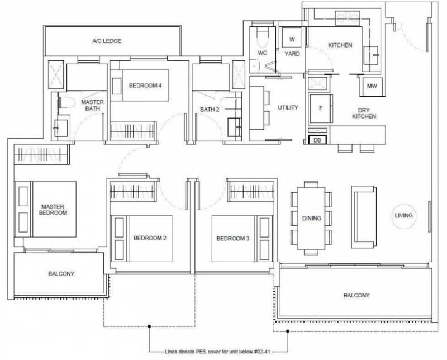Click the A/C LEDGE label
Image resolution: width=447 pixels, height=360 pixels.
pyautogui.click(x=107, y=41)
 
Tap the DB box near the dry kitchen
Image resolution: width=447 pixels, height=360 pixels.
pyautogui.click(x=317, y=140)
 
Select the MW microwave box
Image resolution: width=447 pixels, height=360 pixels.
pyautogui.click(x=372, y=86)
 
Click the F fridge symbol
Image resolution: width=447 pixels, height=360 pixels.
pyautogui.click(x=321, y=108)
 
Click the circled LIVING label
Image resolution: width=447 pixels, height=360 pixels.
pyautogui.click(x=403, y=216)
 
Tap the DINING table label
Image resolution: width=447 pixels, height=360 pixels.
pyautogui.click(x=312, y=218)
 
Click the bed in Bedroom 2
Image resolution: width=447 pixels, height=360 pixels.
pyautogui.click(x=141, y=239)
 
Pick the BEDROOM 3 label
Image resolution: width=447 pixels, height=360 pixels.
pyautogui.click(x=233, y=239)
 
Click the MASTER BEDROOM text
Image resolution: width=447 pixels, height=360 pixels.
pyautogui.click(x=53, y=210)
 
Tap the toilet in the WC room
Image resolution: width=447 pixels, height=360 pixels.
pyautogui.click(x=263, y=39)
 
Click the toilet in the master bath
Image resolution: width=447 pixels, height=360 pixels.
pyautogui.click(x=66, y=102)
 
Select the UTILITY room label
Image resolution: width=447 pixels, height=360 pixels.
pyautogui.click(x=288, y=107)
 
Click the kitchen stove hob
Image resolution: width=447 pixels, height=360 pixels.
pyautogui.click(x=347, y=18)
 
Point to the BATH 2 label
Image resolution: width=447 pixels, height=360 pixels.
pyautogui.click(x=210, y=109)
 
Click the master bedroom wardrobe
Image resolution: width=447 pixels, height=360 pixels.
pyautogui.click(x=41, y=154)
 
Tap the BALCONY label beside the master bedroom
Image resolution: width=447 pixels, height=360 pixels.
pyautogui.click(x=61, y=274)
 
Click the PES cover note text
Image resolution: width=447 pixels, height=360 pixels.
pyautogui.click(x=217, y=352)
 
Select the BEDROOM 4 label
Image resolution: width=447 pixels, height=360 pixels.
pyautogui.click(x=145, y=86)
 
